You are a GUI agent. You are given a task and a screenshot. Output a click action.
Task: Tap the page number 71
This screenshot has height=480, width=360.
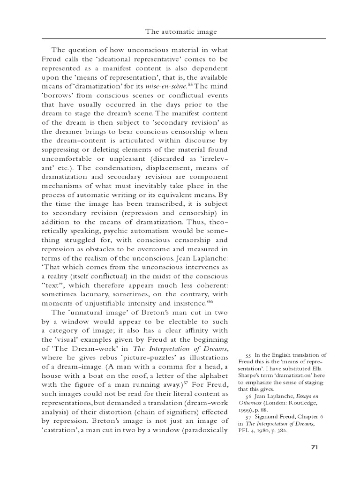click(x=315, y=447)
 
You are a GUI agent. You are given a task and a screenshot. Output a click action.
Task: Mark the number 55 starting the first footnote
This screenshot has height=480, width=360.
click(x=248, y=355)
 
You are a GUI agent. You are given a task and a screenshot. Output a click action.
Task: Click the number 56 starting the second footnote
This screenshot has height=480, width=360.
click(x=248, y=397)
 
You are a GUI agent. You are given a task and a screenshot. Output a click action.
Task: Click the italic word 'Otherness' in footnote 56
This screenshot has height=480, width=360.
click(x=251, y=403)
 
